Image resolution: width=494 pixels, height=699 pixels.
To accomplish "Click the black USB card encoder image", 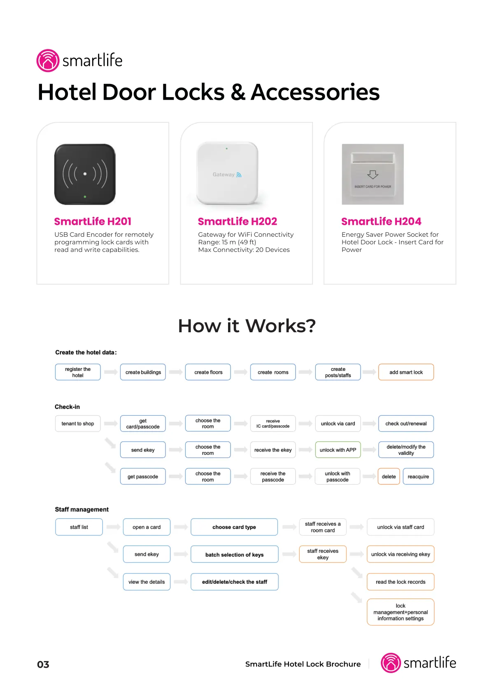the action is click(85, 174).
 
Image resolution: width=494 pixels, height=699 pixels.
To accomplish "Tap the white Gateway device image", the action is click(227, 173).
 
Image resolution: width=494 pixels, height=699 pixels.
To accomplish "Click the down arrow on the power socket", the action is click(373, 175).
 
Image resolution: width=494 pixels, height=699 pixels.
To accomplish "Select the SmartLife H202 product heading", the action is click(237, 221).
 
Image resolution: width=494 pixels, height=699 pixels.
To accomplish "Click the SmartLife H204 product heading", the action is click(381, 221).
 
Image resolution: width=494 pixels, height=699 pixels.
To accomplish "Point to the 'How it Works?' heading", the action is click(247, 326).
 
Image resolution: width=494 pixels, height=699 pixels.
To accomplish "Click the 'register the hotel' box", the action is click(78, 372).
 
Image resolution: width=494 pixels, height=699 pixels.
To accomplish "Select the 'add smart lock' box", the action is click(406, 372).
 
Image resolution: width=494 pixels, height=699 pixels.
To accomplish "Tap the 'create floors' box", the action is click(208, 372).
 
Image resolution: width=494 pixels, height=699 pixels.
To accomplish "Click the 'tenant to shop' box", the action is click(78, 424).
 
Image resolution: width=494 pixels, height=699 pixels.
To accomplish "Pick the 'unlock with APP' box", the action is click(338, 450).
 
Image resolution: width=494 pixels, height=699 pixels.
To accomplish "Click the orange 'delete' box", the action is click(389, 476).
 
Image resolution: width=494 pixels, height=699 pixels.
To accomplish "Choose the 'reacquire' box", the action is click(418, 476).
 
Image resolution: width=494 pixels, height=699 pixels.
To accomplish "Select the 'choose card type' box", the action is click(234, 527).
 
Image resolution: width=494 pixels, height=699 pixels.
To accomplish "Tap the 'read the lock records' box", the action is click(401, 582).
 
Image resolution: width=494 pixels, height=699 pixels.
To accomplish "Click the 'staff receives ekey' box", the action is click(323, 554).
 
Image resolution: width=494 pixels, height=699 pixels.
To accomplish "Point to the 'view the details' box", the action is click(147, 582).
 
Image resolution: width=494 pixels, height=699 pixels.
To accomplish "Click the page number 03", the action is click(43, 665).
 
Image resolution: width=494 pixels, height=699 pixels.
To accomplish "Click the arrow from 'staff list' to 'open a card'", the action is click(113, 527).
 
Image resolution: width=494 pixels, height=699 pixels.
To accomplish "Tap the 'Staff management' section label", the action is click(82, 509).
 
